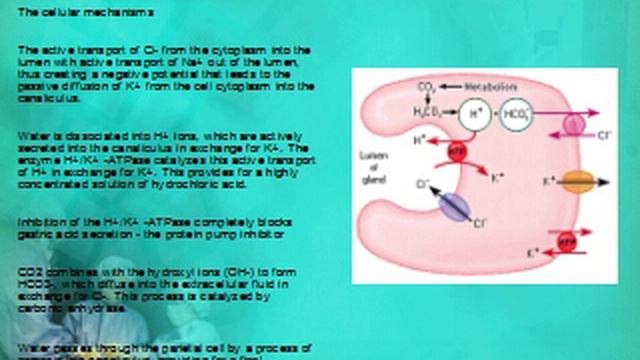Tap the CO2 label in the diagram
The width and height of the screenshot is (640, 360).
point(427,87)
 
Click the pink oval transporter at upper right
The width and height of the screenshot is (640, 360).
point(574,124)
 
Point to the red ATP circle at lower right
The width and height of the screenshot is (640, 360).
point(567,242)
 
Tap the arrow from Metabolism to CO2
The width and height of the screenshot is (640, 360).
point(449,87)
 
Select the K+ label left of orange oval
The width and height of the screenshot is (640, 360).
point(547,183)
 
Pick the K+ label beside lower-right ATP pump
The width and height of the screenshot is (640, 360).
point(535,248)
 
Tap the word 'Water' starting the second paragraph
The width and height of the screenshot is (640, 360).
point(30,134)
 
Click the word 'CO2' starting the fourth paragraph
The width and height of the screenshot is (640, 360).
point(29,271)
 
